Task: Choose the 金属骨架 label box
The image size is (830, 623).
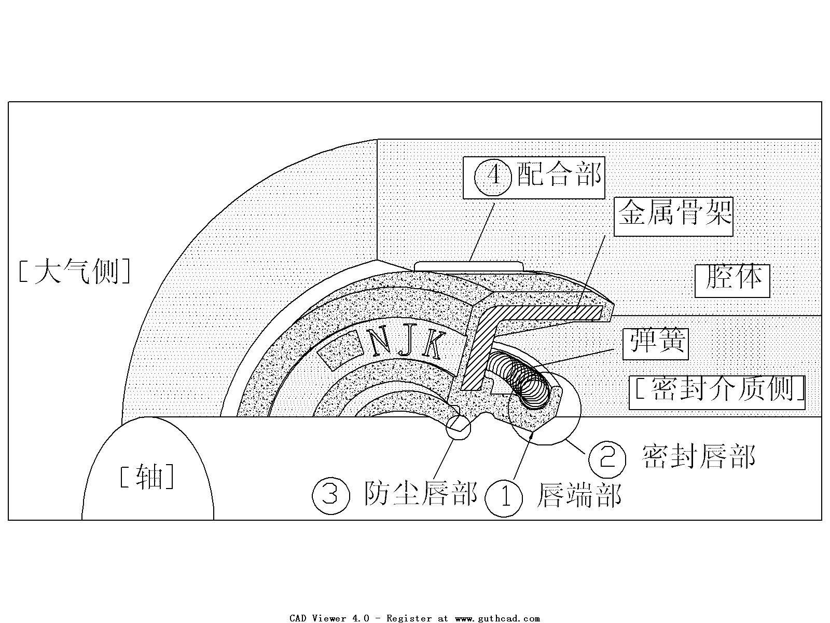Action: coord(674,215)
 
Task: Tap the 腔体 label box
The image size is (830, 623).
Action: coord(732,280)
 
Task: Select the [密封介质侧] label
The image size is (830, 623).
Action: coord(717,392)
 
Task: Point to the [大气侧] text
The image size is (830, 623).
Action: coord(74,272)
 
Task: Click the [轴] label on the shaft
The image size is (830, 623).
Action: coord(146,477)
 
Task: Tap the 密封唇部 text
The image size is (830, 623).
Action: coord(698,457)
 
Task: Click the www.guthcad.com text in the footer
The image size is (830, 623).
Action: coord(497,618)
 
